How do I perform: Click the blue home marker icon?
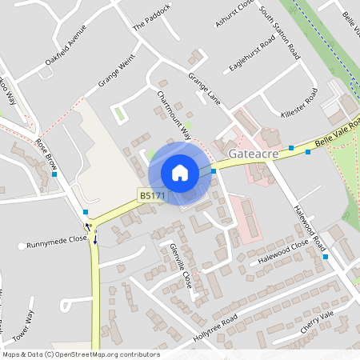click(x=180, y=173)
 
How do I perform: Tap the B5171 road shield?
click(x=151, y=195)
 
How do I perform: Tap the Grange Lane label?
click(x=204, y=89)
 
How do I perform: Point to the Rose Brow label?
click(x=46, y=154)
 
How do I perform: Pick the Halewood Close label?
click(x=283, y=255)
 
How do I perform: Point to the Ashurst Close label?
click(x=245, y=13)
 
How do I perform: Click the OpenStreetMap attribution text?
click(x=81, y=354)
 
